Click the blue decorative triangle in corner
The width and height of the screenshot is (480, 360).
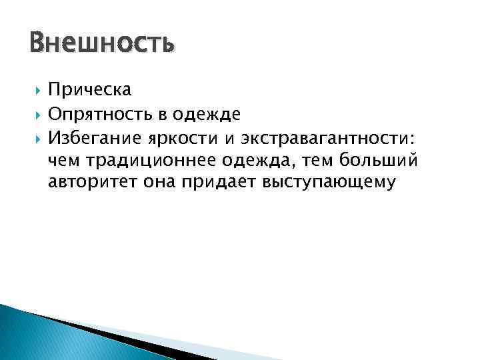(x=40, y=333)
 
